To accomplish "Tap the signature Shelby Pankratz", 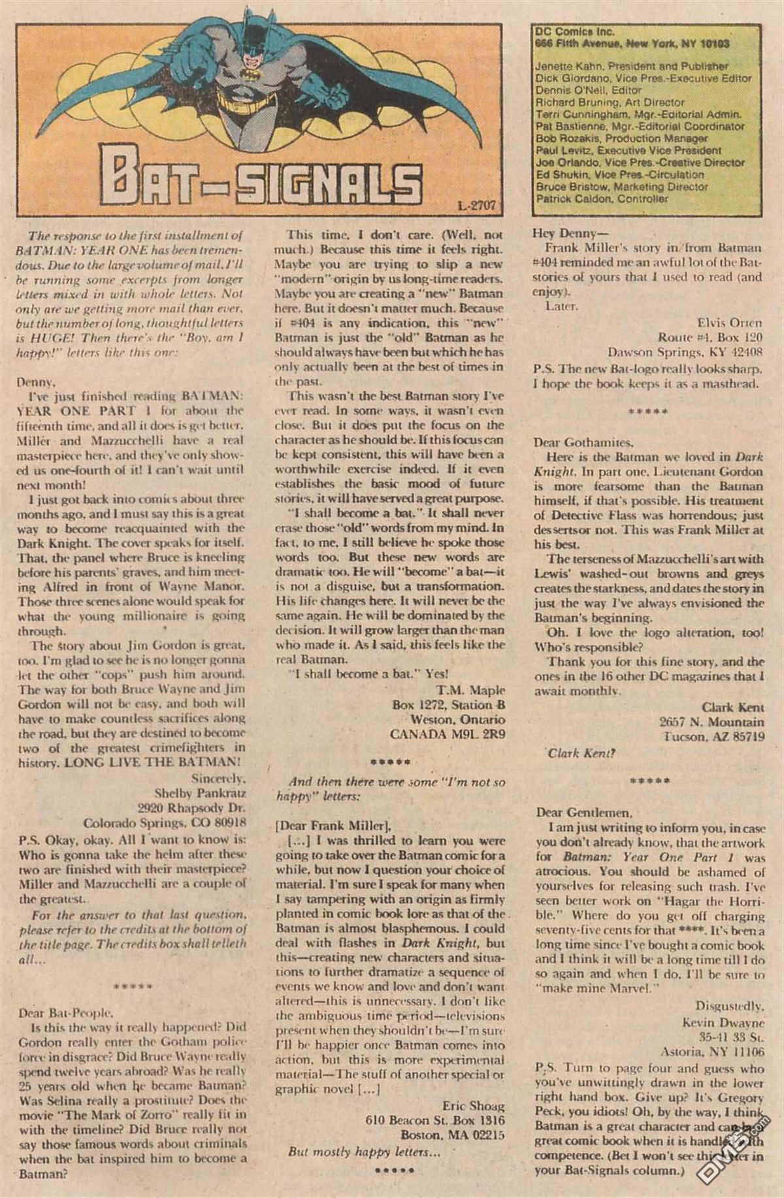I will pyautogui.click(x=200, y=794).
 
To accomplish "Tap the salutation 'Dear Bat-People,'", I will pyautogui.click(x=65, y=1013).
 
